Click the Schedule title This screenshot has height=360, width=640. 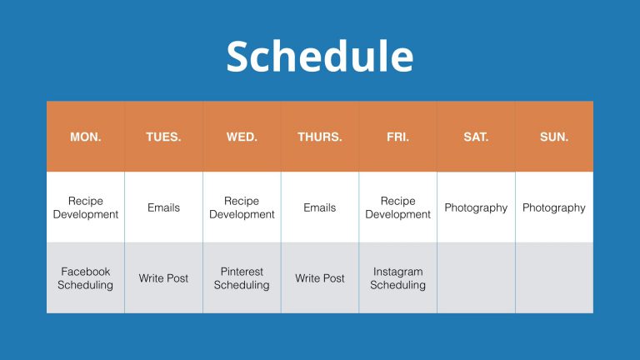click(320, 56)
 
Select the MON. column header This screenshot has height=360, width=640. click(86, 137)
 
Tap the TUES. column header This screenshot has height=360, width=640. click(163, 137)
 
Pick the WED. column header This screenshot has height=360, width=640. click(242, 137)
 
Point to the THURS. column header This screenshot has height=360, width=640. click(320, 137)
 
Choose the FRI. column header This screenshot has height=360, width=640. click(398, 137)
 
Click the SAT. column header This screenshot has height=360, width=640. click(476, 137)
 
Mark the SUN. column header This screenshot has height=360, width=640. click(554, 137)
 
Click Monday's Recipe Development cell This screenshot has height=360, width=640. click(86, 207)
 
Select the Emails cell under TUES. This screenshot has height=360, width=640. click(163, 207)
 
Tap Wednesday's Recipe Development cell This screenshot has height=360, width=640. click(242, 207)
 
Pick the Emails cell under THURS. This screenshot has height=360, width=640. click(320, 207)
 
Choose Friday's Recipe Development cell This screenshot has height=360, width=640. click(398, 207)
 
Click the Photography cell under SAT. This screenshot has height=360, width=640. click(476, 207)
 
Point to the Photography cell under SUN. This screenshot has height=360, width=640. click(554, 207)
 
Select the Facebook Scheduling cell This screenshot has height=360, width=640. click(85, 278)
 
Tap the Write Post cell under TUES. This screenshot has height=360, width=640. click(163, 278)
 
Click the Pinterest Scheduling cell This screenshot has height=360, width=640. click(242, 278)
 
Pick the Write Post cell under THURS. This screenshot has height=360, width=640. click(320, 278)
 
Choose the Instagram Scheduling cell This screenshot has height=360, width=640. click(398, 278)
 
